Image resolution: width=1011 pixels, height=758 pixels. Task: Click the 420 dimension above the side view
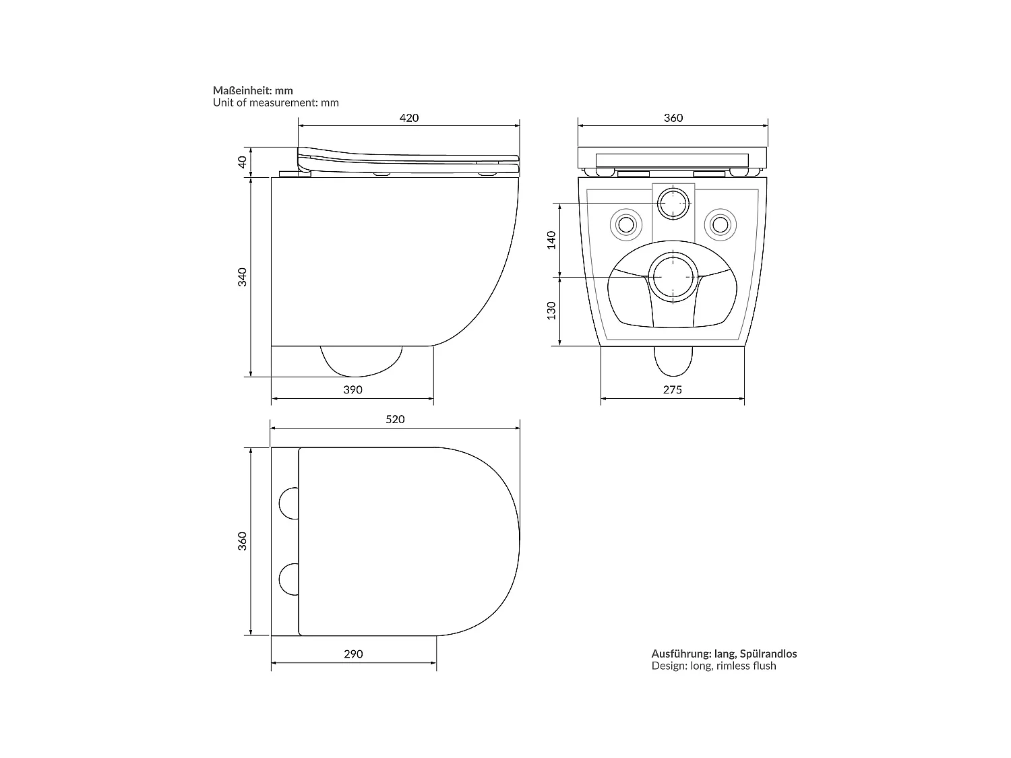coord(409,118)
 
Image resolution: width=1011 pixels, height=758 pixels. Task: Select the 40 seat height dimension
coord(243,162)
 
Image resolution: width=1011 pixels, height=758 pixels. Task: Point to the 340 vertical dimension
coord(243,277)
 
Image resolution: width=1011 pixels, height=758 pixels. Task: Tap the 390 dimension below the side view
coord(353,389)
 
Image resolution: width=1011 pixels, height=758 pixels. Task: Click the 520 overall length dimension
coord(395,419)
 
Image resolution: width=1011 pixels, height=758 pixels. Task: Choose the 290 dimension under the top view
coord(353,654)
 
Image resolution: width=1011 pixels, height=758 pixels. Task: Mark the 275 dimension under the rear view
coord(672,389)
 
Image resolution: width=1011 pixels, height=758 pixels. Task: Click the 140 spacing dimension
coord(551,240)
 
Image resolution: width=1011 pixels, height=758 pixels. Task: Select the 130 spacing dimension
coord(551,311)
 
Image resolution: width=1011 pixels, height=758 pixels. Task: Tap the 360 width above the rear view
coord(673,118)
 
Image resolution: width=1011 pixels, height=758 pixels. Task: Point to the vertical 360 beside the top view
coord(243,541)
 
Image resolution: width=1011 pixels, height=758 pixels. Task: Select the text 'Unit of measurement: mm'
coord(276,103)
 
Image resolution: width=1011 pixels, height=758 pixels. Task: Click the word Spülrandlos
coord(768,654)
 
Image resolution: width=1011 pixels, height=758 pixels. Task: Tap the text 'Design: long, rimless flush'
coord(713,666)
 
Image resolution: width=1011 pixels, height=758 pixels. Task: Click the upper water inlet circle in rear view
coord(672,203)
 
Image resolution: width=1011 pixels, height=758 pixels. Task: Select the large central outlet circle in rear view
coord(672,276)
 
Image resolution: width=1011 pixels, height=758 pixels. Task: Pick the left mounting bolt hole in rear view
coord(625,224)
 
